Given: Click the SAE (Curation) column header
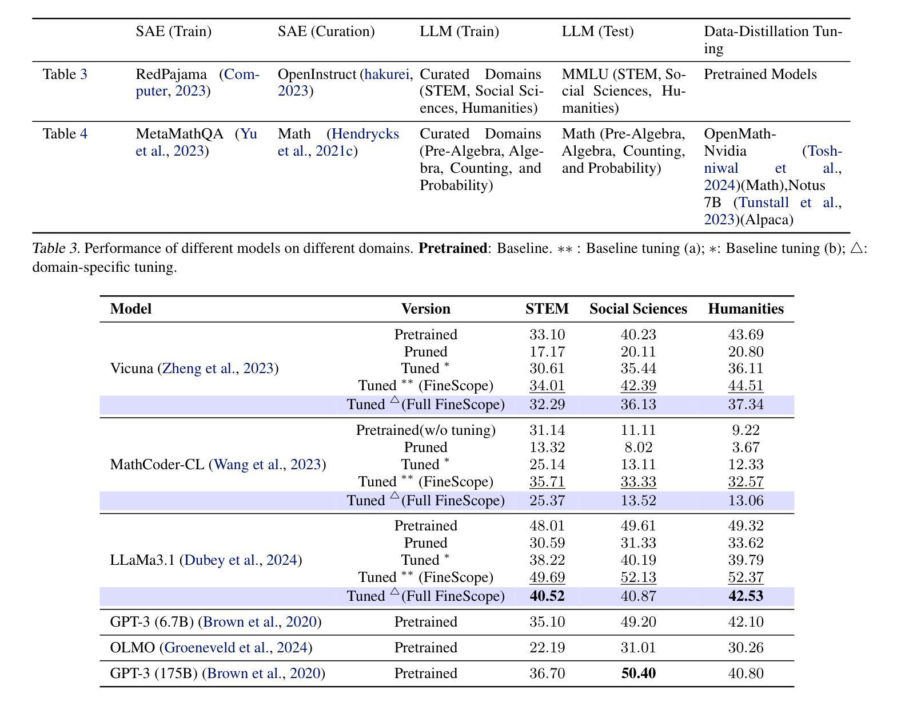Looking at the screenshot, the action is click(326, 31).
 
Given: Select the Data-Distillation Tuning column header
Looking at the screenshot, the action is click(773, 40).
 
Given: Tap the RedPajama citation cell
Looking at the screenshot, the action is click(197, 82).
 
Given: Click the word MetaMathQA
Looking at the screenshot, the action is click(180, 134).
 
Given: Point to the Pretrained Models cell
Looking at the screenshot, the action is click(760, 74).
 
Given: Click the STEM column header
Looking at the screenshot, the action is click(547, 308).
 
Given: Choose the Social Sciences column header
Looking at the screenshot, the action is click(638, 308).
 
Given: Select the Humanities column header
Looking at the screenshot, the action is click(745, 308).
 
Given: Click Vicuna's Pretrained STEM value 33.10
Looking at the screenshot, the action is click(547, 334).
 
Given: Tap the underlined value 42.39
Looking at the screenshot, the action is click(638, 386).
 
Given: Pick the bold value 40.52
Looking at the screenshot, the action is click(547, 596).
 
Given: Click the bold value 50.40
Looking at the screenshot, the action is click(638, 673).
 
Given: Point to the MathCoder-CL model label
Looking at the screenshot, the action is click(218, 464).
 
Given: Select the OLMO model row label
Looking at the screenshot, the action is click(211, 647).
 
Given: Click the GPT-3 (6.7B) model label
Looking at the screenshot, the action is click(216, 621).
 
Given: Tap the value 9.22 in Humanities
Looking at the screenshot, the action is click(745, 430).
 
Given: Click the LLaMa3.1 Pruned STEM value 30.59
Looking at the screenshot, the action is click(547, 542).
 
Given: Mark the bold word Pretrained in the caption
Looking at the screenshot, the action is click(453, 248).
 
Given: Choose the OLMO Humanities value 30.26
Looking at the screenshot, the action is click(745, 647).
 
